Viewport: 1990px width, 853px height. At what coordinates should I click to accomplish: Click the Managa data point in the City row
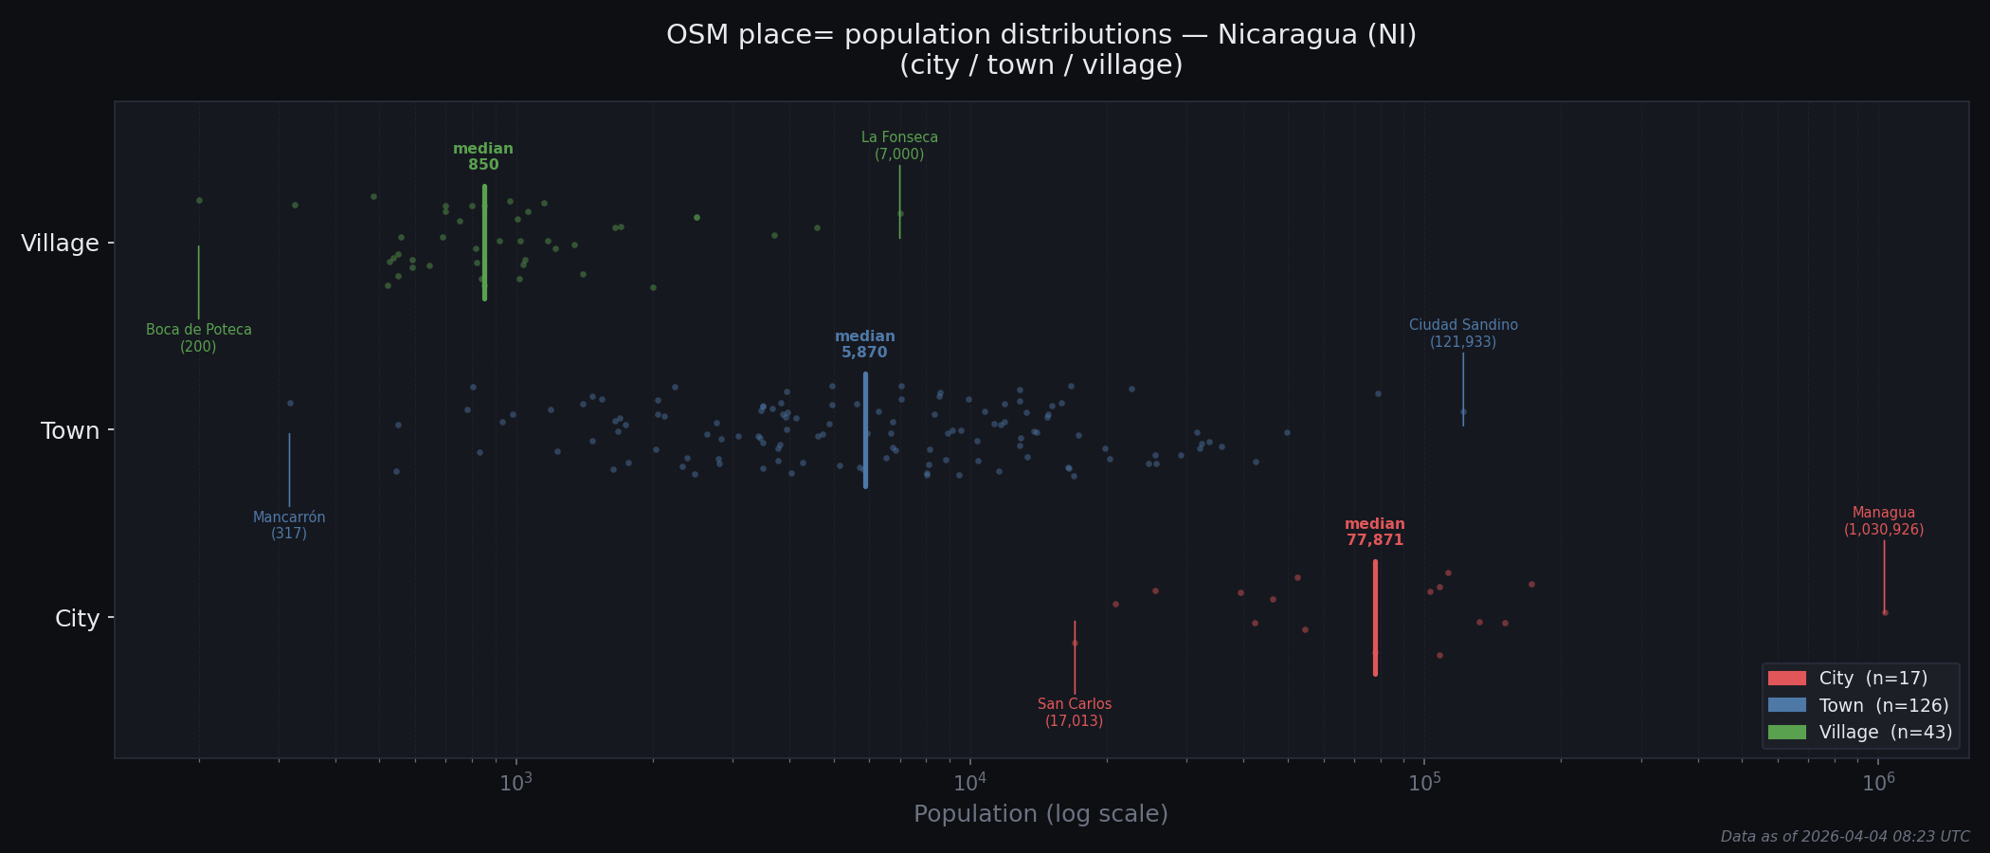(x=1884, y=612)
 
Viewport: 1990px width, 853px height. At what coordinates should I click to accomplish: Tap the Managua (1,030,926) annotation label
(x=1884, y=521)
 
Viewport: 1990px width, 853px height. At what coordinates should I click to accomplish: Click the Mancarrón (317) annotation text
(x=289, y=525)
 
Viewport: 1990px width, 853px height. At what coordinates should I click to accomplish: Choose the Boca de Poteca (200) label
(x=199, y=338)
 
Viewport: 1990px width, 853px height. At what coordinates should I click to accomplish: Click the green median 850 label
(x=483, y=156)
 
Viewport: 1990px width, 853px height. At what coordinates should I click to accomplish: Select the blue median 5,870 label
(x=864, y=344)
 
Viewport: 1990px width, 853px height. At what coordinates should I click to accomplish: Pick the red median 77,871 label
(x=1374, y=532)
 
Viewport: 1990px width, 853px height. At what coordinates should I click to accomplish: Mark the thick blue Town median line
(x=865, y=429)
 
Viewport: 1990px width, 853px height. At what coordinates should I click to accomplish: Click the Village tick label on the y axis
(x=60, y=244)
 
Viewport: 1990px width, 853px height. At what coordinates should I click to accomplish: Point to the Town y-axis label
(x=70, y=431)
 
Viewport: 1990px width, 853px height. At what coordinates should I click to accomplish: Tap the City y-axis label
(x=77, y=619)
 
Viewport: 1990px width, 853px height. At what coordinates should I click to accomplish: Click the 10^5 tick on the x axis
(x=1424, y=783)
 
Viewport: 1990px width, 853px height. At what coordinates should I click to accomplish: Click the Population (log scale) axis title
(x=1040, y=814)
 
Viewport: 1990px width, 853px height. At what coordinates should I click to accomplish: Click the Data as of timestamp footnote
(x=1845, y=837)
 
